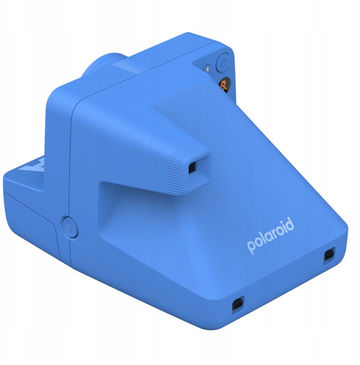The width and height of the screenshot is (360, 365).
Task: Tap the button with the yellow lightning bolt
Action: point(207,69)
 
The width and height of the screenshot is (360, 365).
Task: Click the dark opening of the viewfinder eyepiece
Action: point(192,168)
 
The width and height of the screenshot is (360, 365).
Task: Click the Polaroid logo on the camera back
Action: point(270,235)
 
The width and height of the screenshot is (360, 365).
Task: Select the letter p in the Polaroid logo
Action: point(251,247)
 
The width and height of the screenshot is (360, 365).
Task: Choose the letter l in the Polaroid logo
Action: point(262,238)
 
